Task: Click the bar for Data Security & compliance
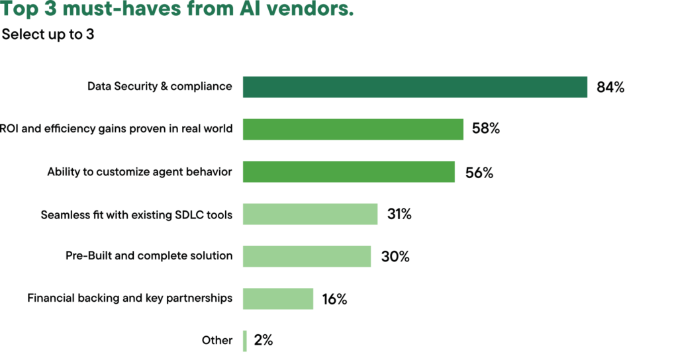(x=414, y=87)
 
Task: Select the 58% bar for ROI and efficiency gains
(x=353, y=129)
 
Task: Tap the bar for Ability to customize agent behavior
(x=348, y=171)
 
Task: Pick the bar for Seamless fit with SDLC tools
(x=310, y=214)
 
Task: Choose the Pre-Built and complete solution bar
(x=307, y=256)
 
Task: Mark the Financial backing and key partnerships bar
(x=277, y=298)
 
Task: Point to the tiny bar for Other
(x=245, y=341)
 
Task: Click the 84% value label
(x=610, y=87)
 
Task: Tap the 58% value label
(x=485, y=129)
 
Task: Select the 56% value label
(x=479, y=172)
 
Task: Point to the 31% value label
(x=399, y=214)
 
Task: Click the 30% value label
(x=395, y=257)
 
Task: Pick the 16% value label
(x=334, y=299)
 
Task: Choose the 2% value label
(x=263, y=341)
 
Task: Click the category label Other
(x=217, y=341)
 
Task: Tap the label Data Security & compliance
(x=160, y=87)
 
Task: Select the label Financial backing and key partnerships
(x=130, y=298)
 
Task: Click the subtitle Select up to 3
(x=48, y=34)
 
